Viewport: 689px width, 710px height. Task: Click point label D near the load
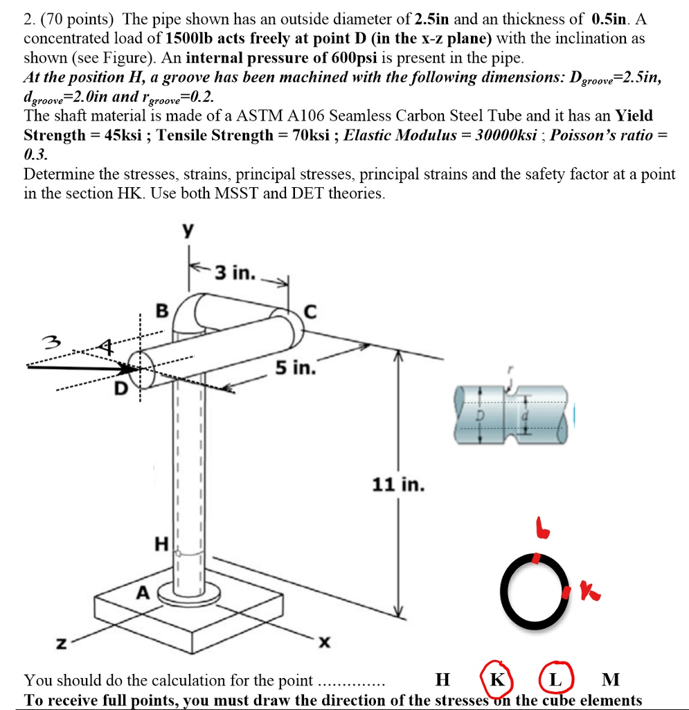coord(120,390)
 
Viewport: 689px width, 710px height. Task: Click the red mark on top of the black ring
coord(536,557)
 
